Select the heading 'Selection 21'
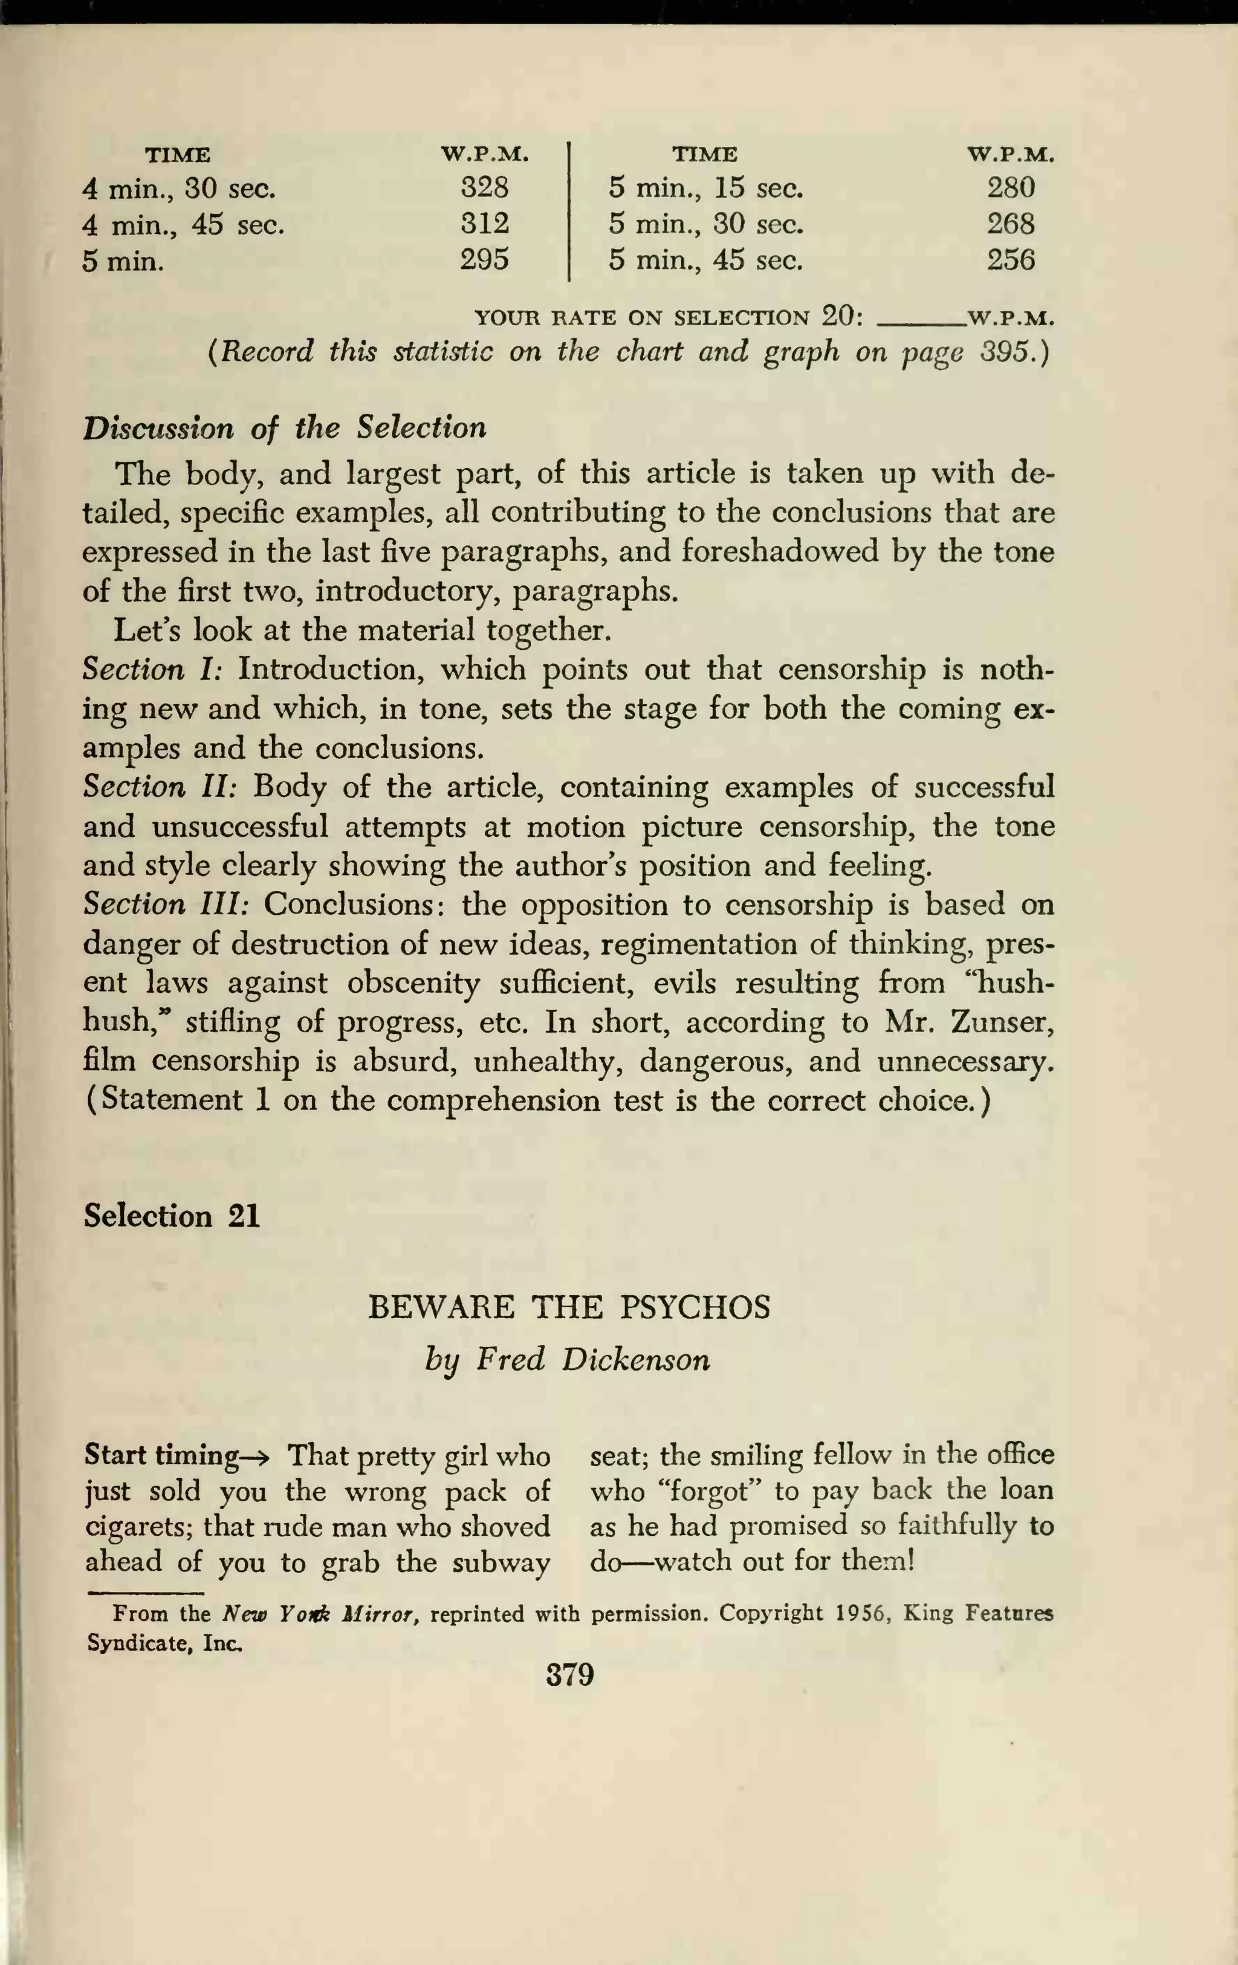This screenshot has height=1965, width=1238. (x=172, y=1216)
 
